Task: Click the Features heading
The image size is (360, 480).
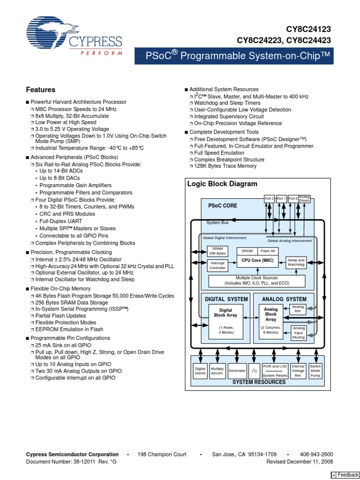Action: point(41,90)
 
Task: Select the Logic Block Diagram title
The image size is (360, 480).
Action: point(222,184)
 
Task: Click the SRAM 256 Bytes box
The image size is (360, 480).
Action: point(217,251)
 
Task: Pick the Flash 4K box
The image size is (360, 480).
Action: point(268,251)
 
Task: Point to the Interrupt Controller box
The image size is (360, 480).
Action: point(217,265)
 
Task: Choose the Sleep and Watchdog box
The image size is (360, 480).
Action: point(296,262)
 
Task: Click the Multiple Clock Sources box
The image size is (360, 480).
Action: point(256,281)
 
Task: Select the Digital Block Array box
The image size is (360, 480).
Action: point(225,313)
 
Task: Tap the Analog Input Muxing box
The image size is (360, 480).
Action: point(299,333)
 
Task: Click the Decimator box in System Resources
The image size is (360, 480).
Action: point(237,370)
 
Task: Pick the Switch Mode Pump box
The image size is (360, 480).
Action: point(315,370)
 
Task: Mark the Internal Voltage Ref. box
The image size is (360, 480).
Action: point(298,370)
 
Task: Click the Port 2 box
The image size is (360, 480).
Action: point(270,198)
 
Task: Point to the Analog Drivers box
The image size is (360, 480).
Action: point(304,198)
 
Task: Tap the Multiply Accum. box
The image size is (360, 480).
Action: point(217,370)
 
